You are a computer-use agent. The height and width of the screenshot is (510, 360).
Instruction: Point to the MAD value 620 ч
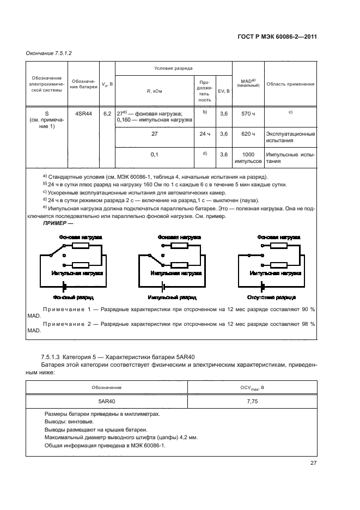[248, 133]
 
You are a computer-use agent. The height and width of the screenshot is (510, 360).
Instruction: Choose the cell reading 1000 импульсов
[248, 158]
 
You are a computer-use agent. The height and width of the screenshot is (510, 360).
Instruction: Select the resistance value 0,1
[154, 154]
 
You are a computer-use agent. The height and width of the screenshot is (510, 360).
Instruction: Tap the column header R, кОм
[154, 91]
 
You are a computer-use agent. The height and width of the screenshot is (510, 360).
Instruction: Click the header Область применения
[290, 84]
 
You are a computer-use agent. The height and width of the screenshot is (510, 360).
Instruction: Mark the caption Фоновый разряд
[73, 298]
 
